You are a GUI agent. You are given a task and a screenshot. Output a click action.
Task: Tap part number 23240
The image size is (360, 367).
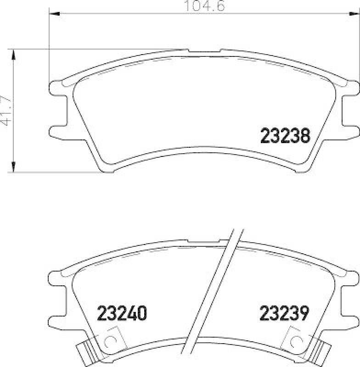pyautogui.click(x=122, y=313)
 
